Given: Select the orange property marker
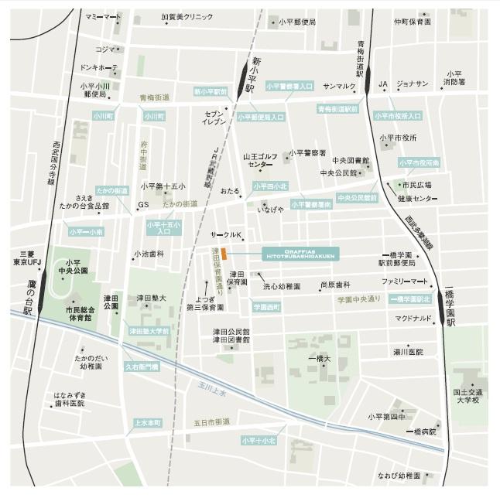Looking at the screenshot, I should (223, 254).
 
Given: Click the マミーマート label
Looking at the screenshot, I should (104, 17).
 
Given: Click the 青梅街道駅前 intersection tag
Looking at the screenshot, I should (338, 110).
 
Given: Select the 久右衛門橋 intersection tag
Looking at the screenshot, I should (142, 367).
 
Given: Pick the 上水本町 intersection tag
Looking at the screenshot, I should (147, 423).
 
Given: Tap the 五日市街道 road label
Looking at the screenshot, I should (212, 421).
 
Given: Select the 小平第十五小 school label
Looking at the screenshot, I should (163, 186).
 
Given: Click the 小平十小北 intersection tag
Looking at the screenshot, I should (259, 441).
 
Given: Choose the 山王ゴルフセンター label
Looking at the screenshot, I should (262, 160).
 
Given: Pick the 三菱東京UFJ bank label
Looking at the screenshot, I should (27, 258).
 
